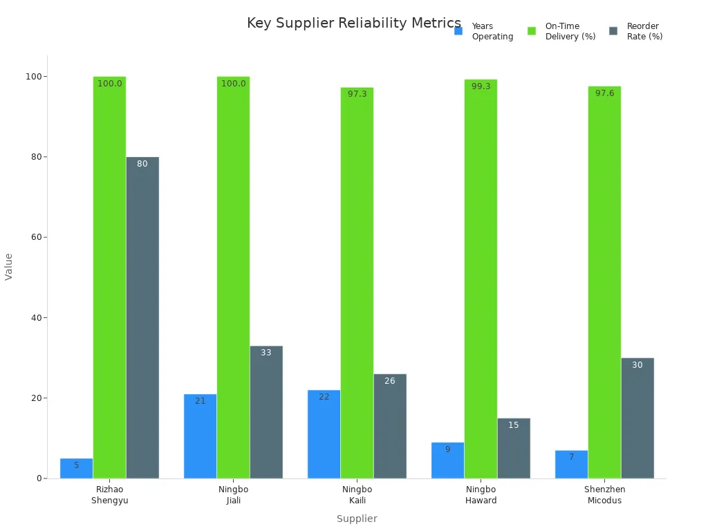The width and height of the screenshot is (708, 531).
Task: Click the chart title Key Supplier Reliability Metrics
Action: coord(353,24)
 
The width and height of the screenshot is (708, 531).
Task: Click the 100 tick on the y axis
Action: coord(32,76)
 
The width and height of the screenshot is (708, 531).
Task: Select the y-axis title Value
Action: coord(9,266)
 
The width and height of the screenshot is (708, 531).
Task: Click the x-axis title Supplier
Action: coord(357,519)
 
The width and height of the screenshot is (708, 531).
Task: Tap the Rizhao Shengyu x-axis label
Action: coord(109,495)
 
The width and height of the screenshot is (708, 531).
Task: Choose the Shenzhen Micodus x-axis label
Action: coord(604,495)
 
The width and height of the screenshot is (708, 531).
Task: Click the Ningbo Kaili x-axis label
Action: coord(357,495)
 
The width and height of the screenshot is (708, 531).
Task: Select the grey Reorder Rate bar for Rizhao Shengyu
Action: coord(142,318)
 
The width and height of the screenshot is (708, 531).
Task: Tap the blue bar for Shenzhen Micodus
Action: coord(571,465)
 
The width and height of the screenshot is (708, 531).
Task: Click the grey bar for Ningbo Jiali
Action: coord(266,412)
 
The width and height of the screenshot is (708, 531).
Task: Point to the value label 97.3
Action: coord(357,94)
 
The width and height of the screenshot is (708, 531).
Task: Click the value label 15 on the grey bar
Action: coord(513,425)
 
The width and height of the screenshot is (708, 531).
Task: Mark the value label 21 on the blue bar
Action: coord(200,401)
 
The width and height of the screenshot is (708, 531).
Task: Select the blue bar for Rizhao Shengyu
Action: coord(76,469)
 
